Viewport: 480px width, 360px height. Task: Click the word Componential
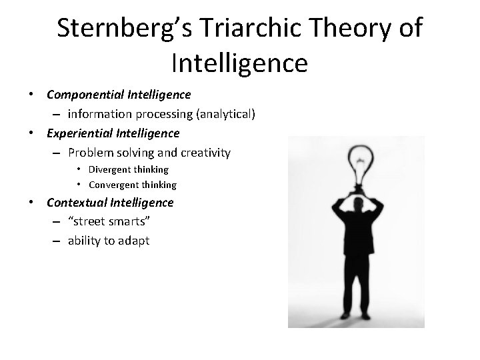point(85,96)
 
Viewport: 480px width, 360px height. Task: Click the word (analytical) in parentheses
point(224,115)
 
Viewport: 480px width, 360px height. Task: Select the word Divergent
point(110,170)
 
